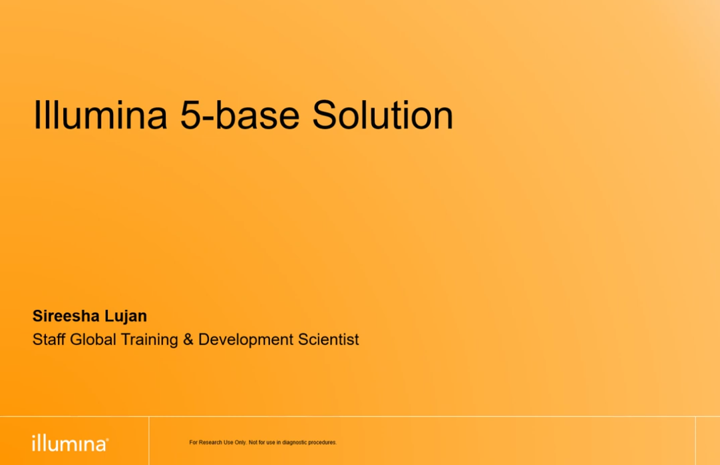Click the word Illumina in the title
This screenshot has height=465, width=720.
pyautogui.click(x=100, y=115)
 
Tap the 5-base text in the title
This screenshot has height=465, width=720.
pyautogui.click(x=240, y=115)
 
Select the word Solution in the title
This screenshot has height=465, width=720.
pyautogui.click(x=383, y=115)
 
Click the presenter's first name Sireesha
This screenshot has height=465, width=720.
pyautogui.click(x=66, y=316)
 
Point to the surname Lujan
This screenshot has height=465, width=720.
pyautogui.click(x=126, y=316)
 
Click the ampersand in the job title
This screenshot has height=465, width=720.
pyautogui.click(x=188, y=340)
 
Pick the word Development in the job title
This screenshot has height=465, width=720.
pyautogui.click(x=246, y=340)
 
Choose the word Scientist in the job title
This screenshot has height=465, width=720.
pyautogui.click(x=328, y=340)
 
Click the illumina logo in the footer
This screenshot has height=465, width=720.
pyautogui.click(x=70, y=444)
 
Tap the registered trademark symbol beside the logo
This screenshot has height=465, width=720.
pyautogui.click(x=107, y=439)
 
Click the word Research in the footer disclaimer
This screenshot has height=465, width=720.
pyautogui.click(x=210, y=442)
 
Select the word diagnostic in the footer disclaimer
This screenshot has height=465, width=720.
pyautogui.click(x=294, y=442)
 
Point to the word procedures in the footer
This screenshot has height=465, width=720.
pyautogui.click(x=322, y=442)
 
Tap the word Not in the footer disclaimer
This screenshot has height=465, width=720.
pyautogui.click(x=253, y=442)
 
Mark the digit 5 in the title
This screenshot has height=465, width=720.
pyautogui.click(x=189, y=115)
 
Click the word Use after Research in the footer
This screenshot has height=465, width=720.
pyautogui.click(x=228, y=442)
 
